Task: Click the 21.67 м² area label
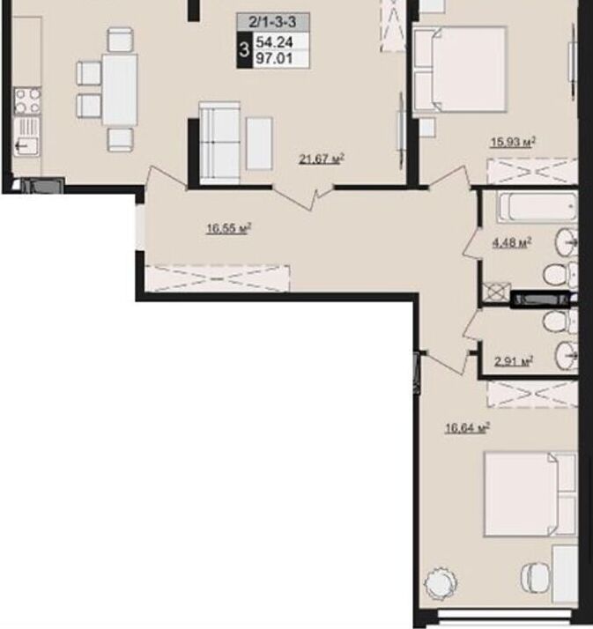point(322,159)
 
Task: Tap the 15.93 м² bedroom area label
point(514,142)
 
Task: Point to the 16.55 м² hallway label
point(229,229)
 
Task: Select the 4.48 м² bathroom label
point(512,242)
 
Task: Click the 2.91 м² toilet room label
point(514,361)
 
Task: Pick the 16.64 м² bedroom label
point(468,428)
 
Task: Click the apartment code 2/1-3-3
point(273,22)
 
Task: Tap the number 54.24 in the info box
point(274,41)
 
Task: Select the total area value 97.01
point(274,58)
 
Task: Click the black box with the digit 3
point(244,50)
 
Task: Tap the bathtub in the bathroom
point(537,207)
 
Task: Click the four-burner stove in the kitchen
point(27,100)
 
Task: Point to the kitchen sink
point(27,137)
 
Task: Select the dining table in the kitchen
point(120,90)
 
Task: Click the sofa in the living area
point(219,143)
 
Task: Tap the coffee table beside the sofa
point(259,144)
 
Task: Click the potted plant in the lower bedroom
point(441,583)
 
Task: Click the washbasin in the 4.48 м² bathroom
point(567,242)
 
